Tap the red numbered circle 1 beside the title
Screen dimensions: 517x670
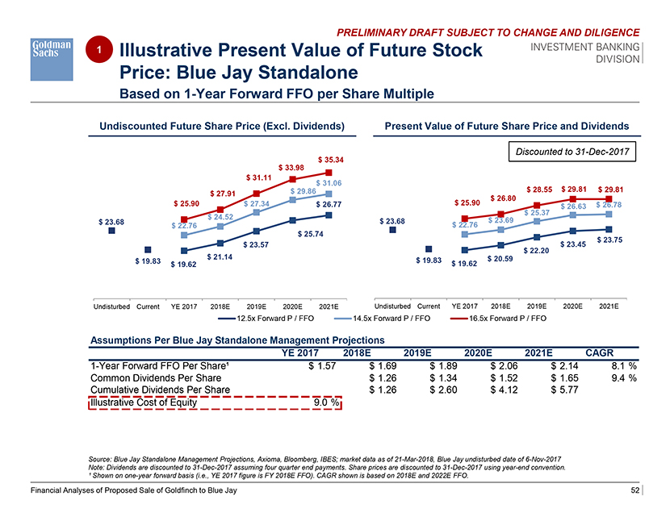(x=98, y=49)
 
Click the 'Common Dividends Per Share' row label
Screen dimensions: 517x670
(x=156, y=377)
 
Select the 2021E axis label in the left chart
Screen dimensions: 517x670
(x=328, y=306)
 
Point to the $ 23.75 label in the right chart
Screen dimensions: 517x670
(x=609, y=240)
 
